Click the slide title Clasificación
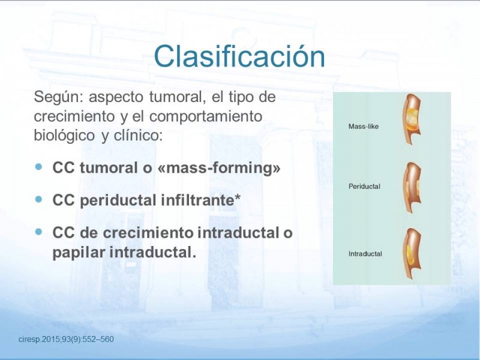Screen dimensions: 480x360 point(239,56)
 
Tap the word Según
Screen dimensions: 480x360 point(58,98)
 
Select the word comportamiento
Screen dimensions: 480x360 point(206,116)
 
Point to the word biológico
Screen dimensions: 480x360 point(64,136)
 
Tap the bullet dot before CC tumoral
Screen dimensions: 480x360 point(38,167)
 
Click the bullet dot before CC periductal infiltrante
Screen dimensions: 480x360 point(38,199)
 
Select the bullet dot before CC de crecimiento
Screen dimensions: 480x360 point(38,232)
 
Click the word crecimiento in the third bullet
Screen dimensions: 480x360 point(148,232)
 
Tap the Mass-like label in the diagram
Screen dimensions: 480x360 point(364,127)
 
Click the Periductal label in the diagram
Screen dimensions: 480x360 point(364,187)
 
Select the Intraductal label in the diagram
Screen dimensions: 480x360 point(365,254)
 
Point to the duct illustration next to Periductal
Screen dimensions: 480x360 point(412,187)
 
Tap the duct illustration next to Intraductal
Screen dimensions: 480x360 point(412,253)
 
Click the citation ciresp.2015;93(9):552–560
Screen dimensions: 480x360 point(66,339)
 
